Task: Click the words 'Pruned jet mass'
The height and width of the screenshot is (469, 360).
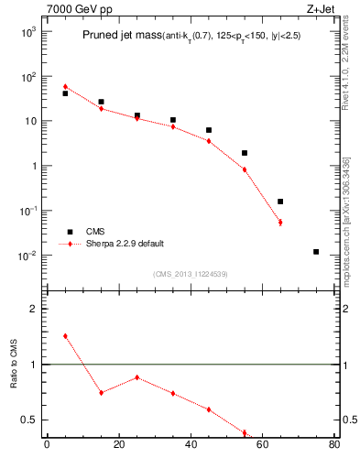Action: click(121, 37)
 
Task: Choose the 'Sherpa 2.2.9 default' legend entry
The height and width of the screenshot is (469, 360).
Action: click(125, 244)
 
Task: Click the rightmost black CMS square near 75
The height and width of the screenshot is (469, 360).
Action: click(316, 252)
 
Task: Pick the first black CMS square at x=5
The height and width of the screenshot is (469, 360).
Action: click(65, 93)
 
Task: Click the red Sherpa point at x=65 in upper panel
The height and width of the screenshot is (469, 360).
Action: click(280, 223)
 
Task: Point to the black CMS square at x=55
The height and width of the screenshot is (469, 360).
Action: click(245, 153)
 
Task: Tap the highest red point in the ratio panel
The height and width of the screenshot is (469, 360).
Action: click(65, 336)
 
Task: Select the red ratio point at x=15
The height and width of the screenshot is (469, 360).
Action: click(101, 392)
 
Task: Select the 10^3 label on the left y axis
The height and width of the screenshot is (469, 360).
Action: click(28, 32)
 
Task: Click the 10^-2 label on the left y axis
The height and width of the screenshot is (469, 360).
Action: click(28, 256)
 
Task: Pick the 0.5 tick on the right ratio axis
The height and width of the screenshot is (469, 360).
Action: click(350, 420)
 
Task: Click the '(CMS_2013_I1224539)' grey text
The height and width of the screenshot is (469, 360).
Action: click(191, 274)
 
